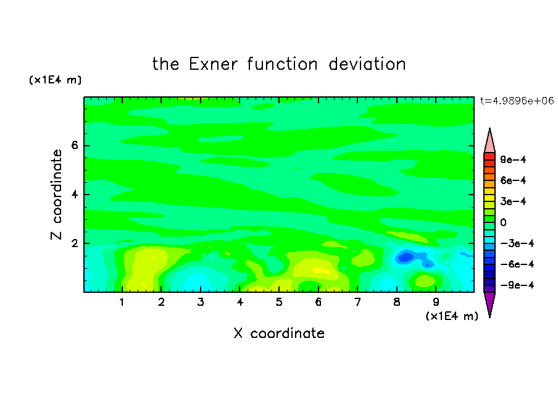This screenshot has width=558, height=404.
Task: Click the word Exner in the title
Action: tap(213, 64)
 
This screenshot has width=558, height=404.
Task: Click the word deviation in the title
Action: tap(367, 64)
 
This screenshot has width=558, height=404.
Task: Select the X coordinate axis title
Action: tap(279, 333)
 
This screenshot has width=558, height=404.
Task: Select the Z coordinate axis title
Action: tap(57, 195)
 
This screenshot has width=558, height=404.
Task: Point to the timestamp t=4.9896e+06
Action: tap(517, 101)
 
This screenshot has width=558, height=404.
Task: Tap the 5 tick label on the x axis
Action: tap(279, 302)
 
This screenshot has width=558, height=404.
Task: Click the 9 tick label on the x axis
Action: tap(436, 302)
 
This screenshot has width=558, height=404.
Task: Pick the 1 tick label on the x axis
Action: tap(122, 302)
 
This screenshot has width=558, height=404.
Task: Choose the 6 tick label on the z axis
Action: tap(74, 145)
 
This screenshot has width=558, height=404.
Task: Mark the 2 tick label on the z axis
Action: tap(74, 243)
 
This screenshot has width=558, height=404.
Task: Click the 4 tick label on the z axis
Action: tap(74, 195)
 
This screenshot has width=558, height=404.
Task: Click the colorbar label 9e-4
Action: tap(513, 159)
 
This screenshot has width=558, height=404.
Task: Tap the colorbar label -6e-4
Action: tap(517, 264)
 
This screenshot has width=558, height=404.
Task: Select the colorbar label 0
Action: tap(503, 222)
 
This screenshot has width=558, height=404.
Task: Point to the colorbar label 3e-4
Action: tap(513, 201)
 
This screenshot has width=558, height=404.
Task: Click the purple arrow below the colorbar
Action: tap(489, 303)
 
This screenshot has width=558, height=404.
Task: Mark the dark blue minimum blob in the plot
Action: tap(406, 257)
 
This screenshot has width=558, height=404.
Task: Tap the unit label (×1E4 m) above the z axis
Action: tap(55, 80)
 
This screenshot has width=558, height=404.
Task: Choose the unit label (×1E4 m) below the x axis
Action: tap(452, 316)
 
